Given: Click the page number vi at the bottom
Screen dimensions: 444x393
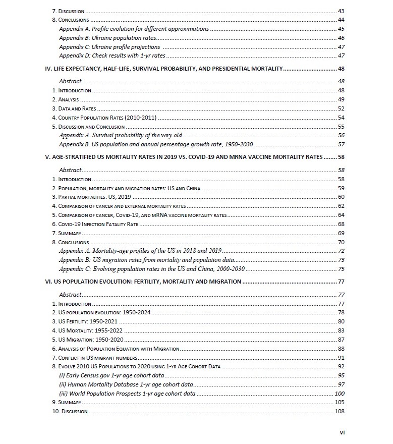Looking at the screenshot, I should tap(342, 432).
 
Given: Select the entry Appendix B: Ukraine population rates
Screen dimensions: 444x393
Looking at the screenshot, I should tap(107, 38).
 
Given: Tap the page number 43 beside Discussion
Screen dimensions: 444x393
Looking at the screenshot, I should tap(341, 11).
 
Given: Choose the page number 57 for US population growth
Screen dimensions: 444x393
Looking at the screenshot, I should tap(341, 144).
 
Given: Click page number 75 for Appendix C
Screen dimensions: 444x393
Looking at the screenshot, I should tap(341, 268).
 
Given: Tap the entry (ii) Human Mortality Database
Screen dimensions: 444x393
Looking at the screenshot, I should tap(126, 384).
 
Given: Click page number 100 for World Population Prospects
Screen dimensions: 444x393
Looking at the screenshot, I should tap(340, 394).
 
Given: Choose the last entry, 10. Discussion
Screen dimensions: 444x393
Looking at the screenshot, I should tap(70, 411).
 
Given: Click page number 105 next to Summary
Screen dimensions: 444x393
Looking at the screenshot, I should tap(340, 402).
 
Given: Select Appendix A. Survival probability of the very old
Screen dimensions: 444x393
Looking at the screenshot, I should tap(121, 135).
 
